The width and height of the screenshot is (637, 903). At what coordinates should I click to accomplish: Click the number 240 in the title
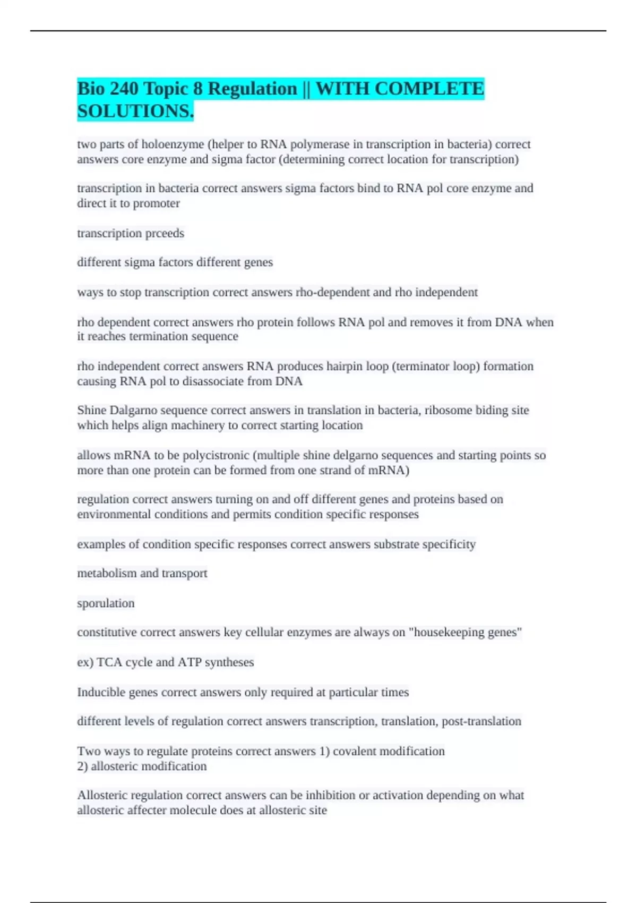point(124,88)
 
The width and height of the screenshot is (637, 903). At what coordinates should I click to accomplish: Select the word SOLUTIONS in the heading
point(135,111)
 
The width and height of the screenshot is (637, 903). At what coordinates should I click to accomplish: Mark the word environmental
point(114,514)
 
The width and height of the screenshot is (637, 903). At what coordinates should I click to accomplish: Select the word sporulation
point(106,603)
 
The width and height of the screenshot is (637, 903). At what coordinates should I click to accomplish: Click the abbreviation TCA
point(109,662)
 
